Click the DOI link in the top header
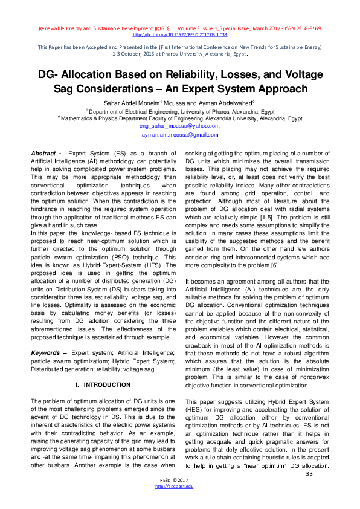[x=179, y=35]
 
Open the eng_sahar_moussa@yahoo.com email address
[x=179, y=126]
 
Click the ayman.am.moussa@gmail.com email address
[x=179, y=135]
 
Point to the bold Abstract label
[x=47, y=154]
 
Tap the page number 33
[x=309, y=473]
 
